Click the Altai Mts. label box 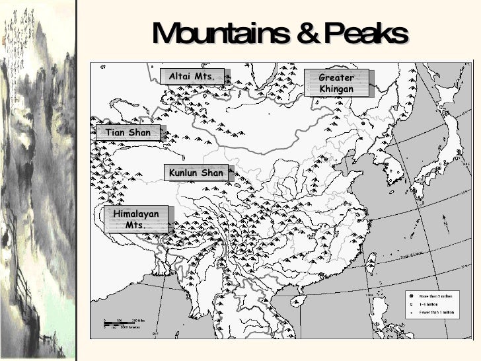tap(192, 77)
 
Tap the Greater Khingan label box tap(336, 83)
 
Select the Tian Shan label tap(128, 133)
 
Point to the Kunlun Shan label tap(196, 173)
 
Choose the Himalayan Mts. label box tap(136, 220)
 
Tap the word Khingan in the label tap(336, 89)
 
